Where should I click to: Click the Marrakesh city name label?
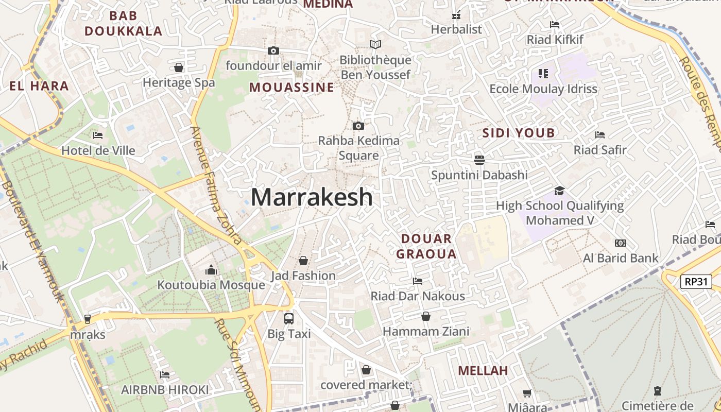312,197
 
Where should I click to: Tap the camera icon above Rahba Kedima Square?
358,126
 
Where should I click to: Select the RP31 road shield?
696,282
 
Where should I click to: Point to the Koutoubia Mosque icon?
211,270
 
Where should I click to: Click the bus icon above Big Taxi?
289,319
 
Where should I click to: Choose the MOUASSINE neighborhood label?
291,88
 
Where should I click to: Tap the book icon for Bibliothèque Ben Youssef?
375,45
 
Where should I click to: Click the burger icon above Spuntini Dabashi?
479,160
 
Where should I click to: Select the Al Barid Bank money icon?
621,243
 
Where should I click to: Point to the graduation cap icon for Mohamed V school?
559,191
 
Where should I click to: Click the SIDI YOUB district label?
519,133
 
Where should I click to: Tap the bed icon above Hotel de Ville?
98,135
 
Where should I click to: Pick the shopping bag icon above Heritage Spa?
179,67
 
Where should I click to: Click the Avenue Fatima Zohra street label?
216,185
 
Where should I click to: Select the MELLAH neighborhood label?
483,370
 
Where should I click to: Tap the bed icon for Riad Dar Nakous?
418,281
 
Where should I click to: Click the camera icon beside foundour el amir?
273,50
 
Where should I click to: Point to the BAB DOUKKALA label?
124,24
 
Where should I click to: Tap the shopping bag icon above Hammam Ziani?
426,316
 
